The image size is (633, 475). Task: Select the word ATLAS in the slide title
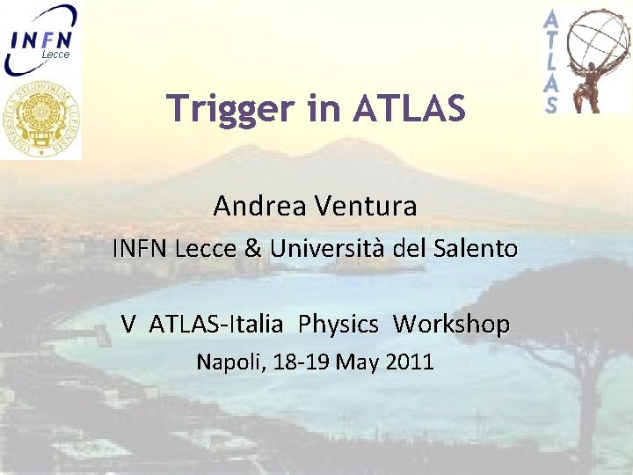tap(409, 109)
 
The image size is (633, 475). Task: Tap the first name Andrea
tap(258, 207)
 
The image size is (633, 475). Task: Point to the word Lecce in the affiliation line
tap(206, 249)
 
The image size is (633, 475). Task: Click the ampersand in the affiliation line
tap(253, 249)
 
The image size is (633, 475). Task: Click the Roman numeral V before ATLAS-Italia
tap(129, 325)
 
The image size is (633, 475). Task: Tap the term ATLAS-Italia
tap(216, 325)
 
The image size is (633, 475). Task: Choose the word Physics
tap(338, 325)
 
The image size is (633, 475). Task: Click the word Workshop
tap(451, 325)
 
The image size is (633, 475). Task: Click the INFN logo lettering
tap(41, 39)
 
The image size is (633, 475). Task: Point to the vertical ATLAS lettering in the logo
tap(551, 62)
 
